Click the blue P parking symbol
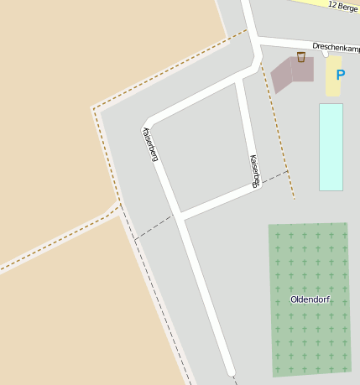tap(340, 75)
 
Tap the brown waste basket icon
tap(300, 57)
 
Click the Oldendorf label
tap(310, 299)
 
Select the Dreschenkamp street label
tap(336, 47)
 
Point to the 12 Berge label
tap(343, 6)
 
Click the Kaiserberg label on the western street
tap(150, 143)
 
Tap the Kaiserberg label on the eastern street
tap(254, 170)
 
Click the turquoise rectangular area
tap(331, 147)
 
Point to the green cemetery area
tap(309, 260)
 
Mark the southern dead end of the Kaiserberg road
tap(230, 372)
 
